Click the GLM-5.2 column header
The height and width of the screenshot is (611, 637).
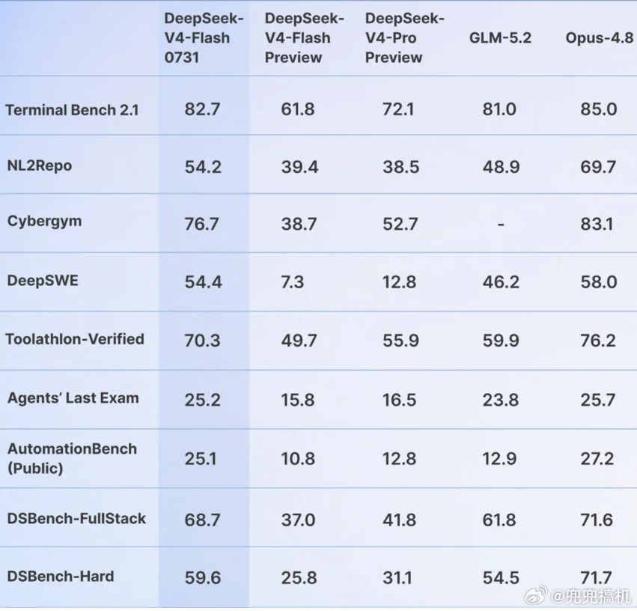point(500,37)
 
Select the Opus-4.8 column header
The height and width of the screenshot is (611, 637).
point(600,37)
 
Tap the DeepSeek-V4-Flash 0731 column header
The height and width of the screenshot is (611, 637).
point(204,37)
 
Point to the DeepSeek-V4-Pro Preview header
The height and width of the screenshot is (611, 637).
point(405,37)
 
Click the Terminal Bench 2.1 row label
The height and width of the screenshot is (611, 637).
point(72,109)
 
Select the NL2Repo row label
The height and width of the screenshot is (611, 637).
point(40,165)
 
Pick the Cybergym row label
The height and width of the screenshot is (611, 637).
point(44,222)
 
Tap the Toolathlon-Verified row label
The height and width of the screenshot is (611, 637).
point(75,338)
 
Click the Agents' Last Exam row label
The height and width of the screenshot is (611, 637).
point(73,398)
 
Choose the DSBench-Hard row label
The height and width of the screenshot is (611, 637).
point(61,576)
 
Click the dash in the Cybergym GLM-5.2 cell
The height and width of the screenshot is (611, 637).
point(501,224)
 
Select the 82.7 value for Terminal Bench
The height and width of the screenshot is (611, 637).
point(202,109)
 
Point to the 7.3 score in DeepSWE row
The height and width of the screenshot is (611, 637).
point(293,282)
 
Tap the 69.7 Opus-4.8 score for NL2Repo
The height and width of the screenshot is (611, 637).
point(598,167)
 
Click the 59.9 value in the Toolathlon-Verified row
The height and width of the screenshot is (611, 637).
point(501,341)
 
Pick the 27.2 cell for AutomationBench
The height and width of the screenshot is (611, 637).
point(597,459)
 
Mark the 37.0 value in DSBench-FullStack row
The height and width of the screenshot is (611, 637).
point(298,520)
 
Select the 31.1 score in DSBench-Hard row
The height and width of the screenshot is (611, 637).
point(397,578)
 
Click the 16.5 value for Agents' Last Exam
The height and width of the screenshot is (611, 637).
point(400,400)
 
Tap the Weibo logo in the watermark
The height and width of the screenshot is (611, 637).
point(536,596)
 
